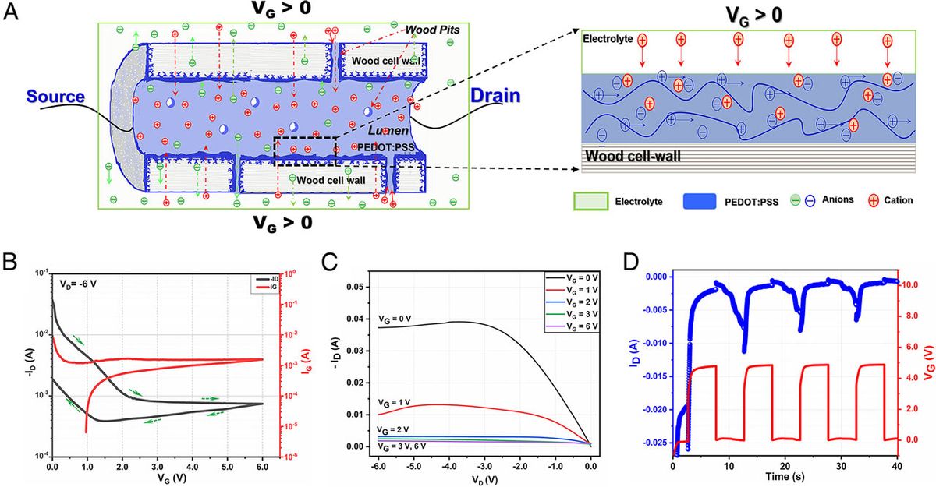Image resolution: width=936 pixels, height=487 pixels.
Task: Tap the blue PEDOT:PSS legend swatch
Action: pyautogui.click(x=708, y=201)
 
